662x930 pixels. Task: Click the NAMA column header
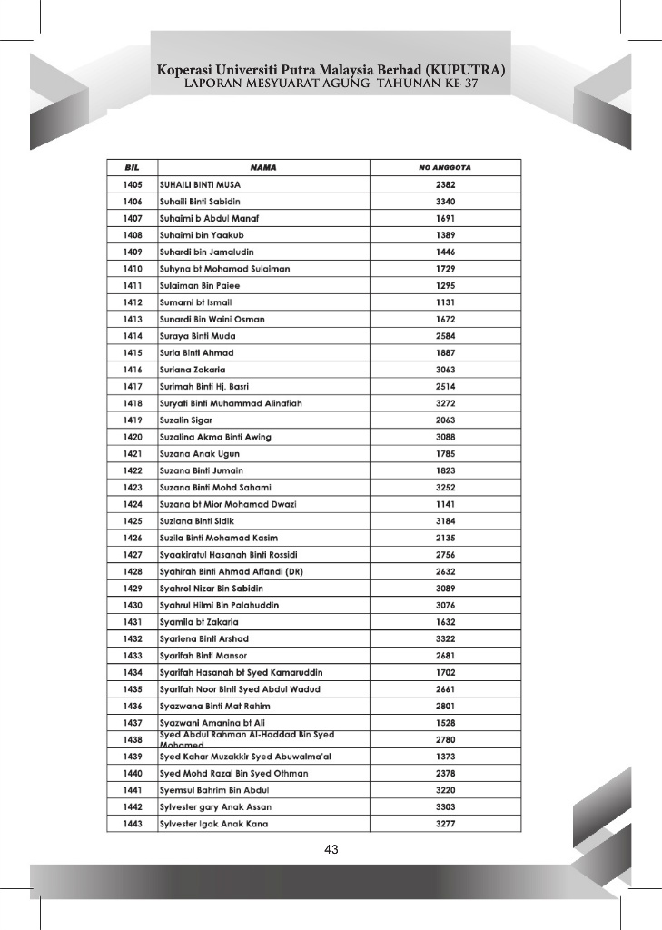[263, 168]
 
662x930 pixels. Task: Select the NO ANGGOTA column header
[444, 168]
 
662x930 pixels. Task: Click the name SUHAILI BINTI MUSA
[201, 184]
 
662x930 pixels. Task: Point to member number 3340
[445, 201]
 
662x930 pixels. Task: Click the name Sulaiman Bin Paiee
[200, 285]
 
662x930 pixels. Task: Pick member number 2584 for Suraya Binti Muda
[445, 336]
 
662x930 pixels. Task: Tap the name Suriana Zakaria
[193, 370]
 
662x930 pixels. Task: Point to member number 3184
[445, 521]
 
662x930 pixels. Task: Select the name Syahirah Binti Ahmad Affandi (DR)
[231, 572]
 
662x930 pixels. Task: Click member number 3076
[445, 606]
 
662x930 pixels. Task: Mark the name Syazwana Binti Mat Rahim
[215, 706]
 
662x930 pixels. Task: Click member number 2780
[445, 740]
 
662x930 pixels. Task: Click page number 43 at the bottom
[331, 850]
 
